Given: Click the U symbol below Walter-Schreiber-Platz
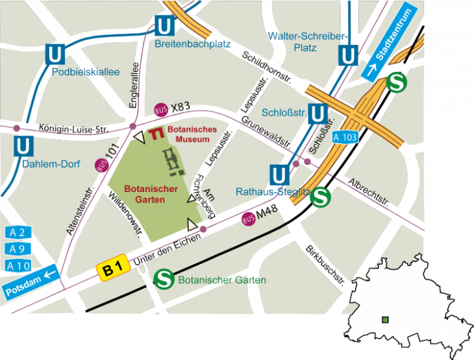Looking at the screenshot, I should pos(349,56).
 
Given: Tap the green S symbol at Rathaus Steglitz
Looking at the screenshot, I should pos(319,198).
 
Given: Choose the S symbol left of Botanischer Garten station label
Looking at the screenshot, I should pos(164,280).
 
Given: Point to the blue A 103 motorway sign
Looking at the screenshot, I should pos(345,138).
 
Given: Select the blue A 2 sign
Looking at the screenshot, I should pos(18,232).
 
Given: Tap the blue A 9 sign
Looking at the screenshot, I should pos(18,248).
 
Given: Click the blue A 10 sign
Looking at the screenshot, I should pos(18,265).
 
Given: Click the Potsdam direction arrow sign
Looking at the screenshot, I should pos(32,283).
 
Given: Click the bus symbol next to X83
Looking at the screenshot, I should pos(161,110).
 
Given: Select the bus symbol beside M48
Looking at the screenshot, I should pos(248,219).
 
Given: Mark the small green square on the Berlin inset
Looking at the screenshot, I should pos(386,319).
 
